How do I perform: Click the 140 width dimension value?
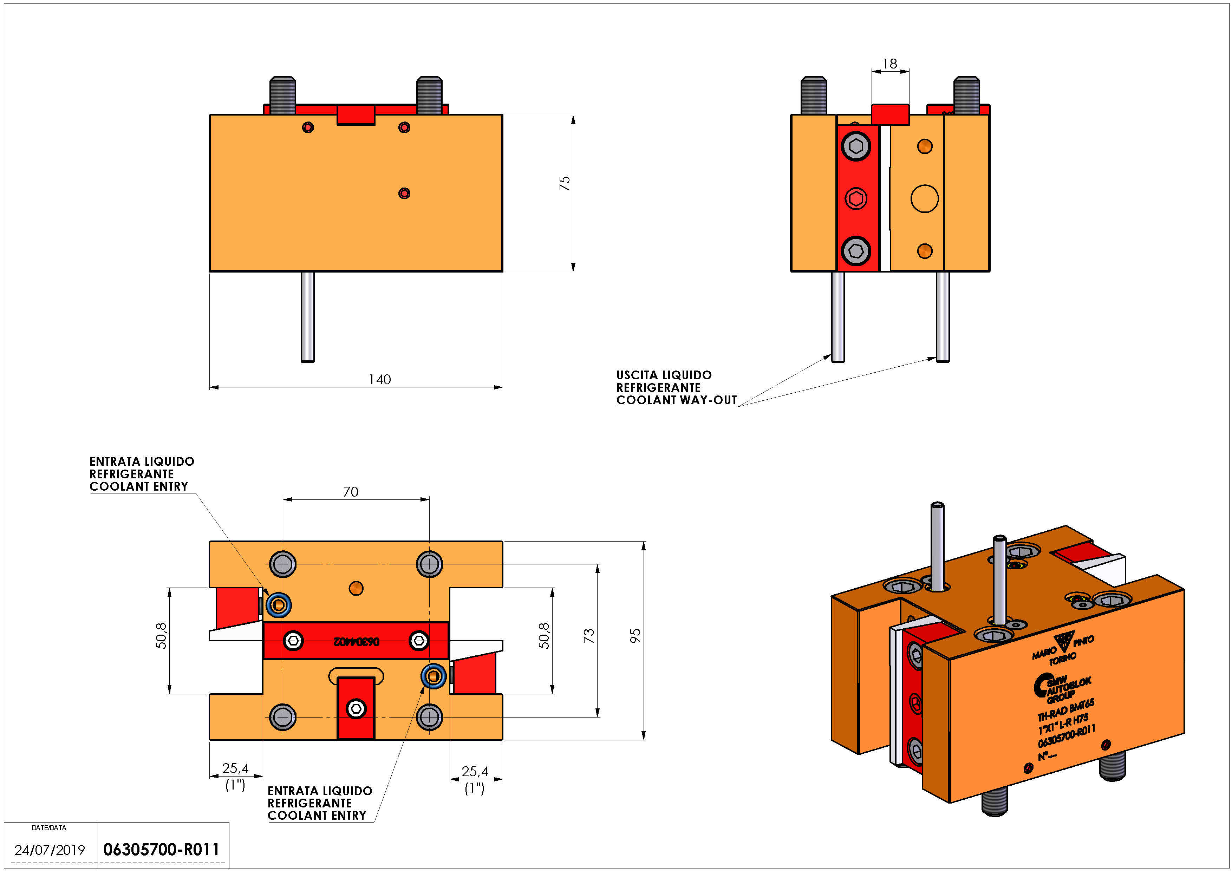pos(379,380)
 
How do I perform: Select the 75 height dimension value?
pos(565,183)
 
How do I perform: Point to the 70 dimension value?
pos(350,492)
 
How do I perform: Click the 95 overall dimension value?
pos(635,636)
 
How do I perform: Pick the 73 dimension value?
pos(589,636)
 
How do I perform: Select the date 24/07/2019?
pos(50,850)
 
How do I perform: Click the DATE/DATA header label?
pos(49,827)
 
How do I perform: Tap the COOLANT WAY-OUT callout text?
pos(676,400)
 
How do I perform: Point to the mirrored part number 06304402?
pos(356,641)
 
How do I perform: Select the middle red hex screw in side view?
pos(856,198)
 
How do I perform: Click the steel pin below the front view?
pos(307,316)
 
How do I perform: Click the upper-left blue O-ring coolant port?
pos(279,605)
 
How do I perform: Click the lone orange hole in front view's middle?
pos(404,193)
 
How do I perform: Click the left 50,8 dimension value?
pos(161,636)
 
